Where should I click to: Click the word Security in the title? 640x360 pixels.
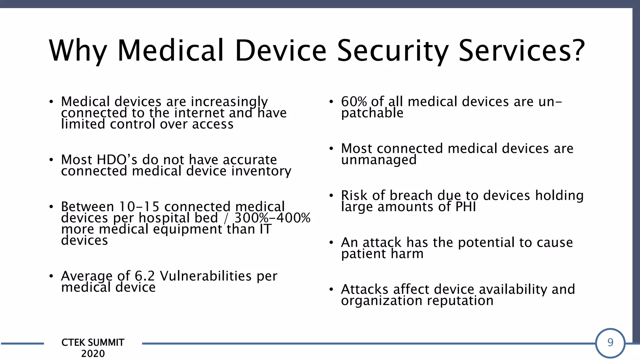click(x=392, y=51)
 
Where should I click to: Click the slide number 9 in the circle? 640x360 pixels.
click(x=610, y=342)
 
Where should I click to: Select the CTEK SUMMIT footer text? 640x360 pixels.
click(x=93, y=342)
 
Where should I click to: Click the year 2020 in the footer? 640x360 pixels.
click(x=93, y=353)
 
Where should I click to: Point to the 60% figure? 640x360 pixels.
click(x=354, y=102)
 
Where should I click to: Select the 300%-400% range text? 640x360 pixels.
click(x=272, y=218)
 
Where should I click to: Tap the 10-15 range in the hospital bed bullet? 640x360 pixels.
click(x=139, y=207)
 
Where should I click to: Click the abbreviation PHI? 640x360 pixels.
click(x=465, y=207)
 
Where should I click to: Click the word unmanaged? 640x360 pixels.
click(x=378, y=160)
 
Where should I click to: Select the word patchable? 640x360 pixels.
click(x=372, y=113)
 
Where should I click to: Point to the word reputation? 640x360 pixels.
click(x=460, y=301)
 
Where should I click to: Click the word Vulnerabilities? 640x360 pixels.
click(x=206, y=276)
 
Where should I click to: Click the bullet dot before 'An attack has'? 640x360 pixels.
click(x=331, y=243)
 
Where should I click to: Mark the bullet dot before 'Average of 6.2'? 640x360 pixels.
click(x=51, y=276)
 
